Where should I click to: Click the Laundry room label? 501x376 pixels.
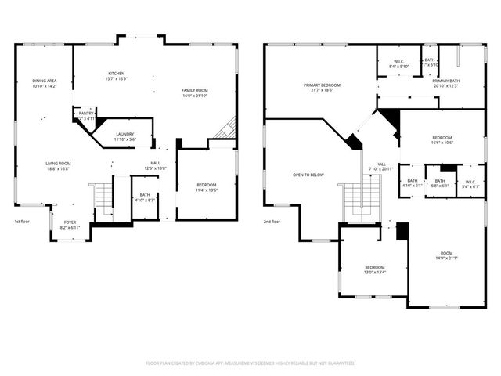tap(125, 136)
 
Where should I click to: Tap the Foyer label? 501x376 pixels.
tap(70, 224)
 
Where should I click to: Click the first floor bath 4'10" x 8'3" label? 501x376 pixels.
tap(145, 197)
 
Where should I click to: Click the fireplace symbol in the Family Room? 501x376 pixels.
tap(226, 128)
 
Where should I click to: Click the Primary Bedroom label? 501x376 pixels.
tap(322, 87)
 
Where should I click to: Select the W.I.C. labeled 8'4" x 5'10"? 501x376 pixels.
tap(398, 64)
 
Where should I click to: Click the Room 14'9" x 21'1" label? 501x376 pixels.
tap(446, 255)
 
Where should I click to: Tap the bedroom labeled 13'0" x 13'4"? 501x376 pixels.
tap(373, 269)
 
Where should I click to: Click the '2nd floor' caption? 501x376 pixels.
tap(272, 222)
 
